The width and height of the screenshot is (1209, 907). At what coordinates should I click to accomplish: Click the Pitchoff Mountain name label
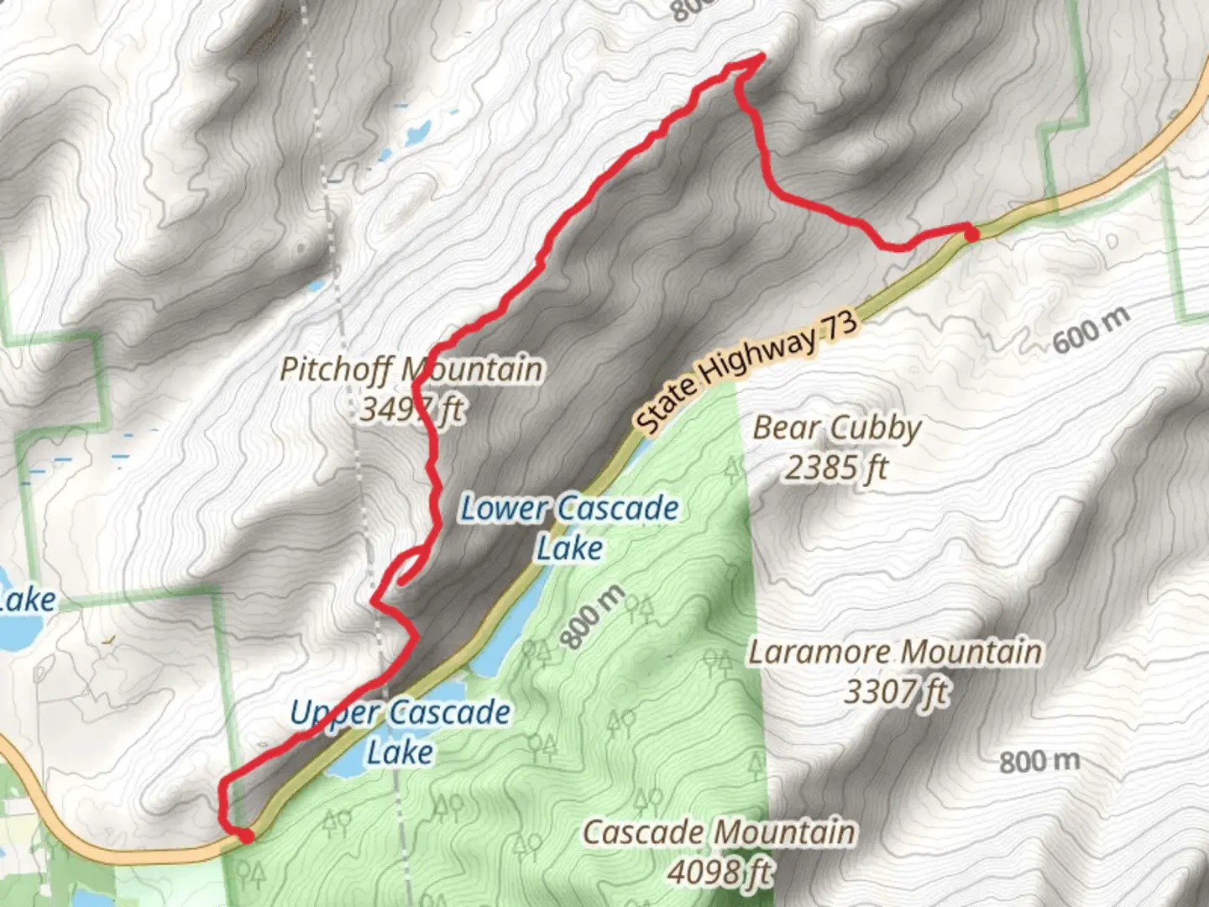tap(411, 369)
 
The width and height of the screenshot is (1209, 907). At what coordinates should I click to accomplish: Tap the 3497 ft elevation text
tap(411, 410)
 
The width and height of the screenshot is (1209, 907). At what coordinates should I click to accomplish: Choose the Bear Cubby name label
tap(836, 427)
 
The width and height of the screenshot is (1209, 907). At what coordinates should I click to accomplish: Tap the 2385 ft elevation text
tap(836, 468)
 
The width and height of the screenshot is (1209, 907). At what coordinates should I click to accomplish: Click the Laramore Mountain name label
tap(895, 652)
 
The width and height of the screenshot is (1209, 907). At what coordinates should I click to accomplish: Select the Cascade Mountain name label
tap(720, 832)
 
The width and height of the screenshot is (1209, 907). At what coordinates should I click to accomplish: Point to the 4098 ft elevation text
tap(720, 872)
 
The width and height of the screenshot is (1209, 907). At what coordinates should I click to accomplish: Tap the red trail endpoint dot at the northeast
tap(971, 234)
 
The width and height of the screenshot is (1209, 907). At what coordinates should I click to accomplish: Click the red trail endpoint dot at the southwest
tap(245, 836)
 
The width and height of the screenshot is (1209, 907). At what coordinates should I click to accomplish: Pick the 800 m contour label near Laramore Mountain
tap(1039, 761)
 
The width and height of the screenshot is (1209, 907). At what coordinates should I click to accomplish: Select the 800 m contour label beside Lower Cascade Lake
tap(593, 617)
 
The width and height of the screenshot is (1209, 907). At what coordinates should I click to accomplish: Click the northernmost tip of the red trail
tap(761, 56)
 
